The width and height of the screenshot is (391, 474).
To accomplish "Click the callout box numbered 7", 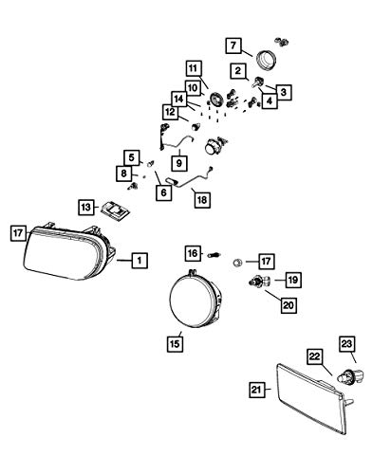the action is (233, 46).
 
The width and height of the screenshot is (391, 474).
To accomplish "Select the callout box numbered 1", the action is (140, 261).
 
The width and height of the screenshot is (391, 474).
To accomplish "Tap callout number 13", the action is (86, 208).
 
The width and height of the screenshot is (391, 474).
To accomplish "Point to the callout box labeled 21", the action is (256, 390).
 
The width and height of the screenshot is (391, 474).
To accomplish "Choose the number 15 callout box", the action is (175, 343).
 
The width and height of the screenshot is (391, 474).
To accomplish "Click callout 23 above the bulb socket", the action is (347, 343).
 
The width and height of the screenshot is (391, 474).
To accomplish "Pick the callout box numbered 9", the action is (179, 163).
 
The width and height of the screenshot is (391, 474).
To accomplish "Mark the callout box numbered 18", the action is (202, 200).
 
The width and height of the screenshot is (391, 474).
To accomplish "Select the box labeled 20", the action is (289, 305).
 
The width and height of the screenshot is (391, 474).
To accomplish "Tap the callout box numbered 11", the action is (194, 68).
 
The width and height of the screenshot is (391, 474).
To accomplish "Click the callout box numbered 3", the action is (284, 92).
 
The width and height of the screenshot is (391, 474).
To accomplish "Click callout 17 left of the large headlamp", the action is (18, 233).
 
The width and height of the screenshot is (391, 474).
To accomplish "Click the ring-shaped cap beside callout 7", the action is (266, 60).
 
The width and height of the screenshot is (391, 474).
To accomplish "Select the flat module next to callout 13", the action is (116, 210).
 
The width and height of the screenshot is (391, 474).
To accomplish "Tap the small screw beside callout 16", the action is (214, 255).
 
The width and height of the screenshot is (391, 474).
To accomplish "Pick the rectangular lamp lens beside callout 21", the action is (310, 399).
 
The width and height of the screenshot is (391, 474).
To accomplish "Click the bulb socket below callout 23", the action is (350, 376).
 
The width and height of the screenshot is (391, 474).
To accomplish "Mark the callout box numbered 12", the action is (171, 112).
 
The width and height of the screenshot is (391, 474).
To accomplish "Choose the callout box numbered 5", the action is (132, 157).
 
